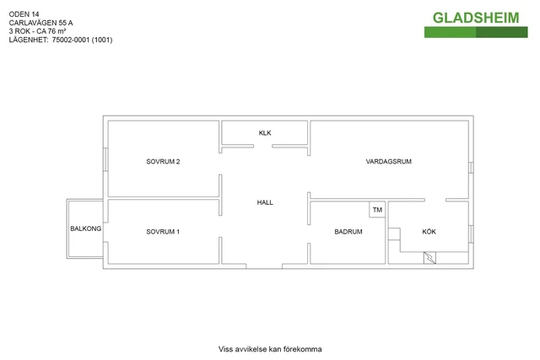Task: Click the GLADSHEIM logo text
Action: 476,18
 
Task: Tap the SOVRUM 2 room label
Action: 163,161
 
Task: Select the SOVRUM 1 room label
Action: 163,232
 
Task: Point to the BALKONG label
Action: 85,229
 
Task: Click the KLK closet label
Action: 265,133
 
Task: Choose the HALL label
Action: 265,202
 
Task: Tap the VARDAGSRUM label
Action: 388,161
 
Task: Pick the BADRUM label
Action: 348,232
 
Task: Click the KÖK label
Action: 429,232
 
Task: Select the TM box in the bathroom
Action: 377,210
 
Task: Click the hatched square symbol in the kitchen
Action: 430,260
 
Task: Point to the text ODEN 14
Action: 24,14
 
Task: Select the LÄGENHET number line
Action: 60,40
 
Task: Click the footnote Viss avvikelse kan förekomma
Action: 270,349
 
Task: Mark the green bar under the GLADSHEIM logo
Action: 476,32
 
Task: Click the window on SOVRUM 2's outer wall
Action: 105,161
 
